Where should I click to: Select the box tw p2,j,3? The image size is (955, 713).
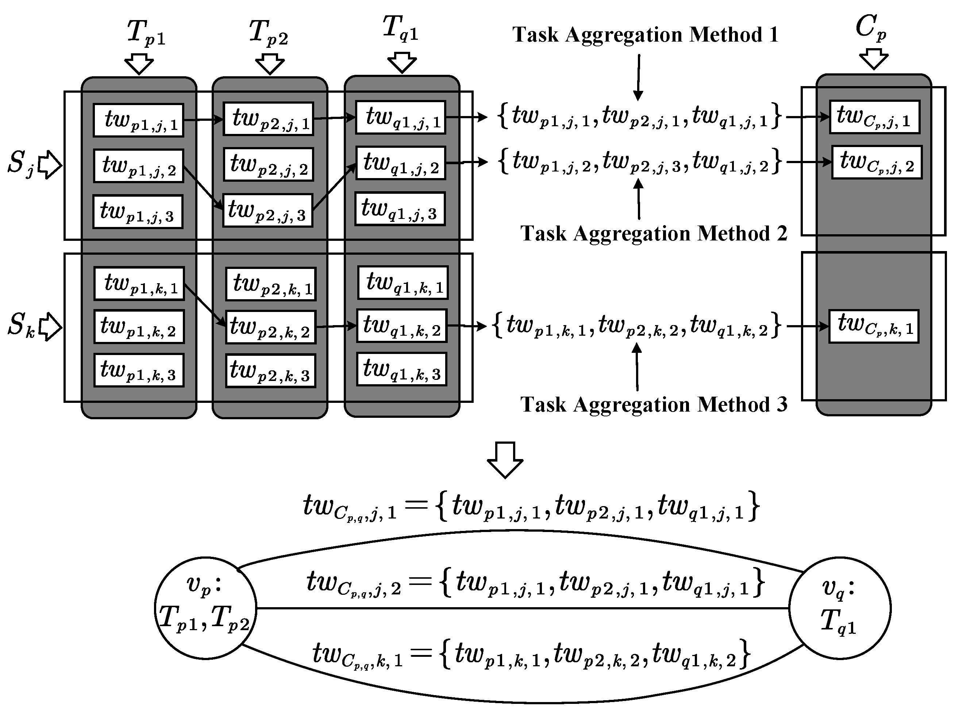coord(267,211)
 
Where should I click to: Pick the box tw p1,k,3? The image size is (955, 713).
coord(139,370)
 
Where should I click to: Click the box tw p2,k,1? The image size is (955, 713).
coord(270,284)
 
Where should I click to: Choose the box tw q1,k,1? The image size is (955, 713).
coord(403,283)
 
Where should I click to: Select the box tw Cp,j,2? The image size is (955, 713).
coord(877,162)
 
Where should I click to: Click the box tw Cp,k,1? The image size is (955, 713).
coord(873,326)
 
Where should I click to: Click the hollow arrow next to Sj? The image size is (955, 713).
coord(50,165)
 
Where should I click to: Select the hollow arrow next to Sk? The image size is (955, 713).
coord(50,327)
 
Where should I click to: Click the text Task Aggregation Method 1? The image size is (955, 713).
coord(645,35)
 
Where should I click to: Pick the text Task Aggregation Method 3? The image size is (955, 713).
coord(653,404)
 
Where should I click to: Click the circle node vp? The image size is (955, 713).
coord(205,608)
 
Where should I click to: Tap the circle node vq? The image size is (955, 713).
coord(839,608)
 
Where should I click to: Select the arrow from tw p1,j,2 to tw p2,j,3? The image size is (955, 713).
coord(203,188)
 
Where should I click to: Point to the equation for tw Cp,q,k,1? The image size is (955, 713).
coord(531,654)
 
